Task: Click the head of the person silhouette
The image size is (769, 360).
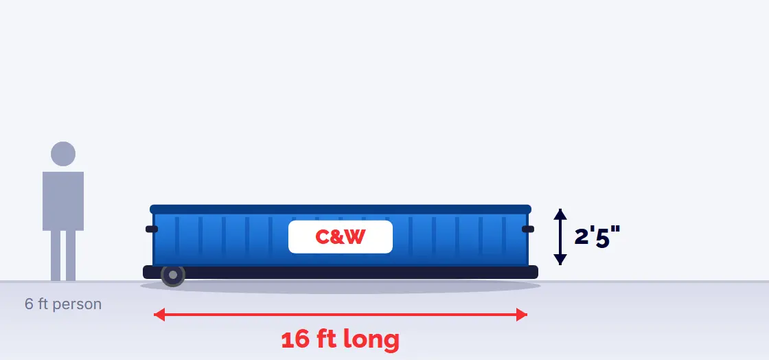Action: click(63, 154)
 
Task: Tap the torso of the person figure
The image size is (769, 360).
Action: click(63, 201)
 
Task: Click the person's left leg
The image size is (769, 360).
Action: click(56, 256)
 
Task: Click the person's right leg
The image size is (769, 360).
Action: click(71, 256)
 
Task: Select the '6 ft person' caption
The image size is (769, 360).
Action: click(63, 304)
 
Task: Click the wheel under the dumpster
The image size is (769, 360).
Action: click(172, 275)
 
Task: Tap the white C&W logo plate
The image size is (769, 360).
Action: click(341, 237)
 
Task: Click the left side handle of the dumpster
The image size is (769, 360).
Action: click(152, 229)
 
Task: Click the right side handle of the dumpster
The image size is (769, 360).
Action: click(528, 229)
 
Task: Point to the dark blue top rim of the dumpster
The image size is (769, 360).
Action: click(341, 210)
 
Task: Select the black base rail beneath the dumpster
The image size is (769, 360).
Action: click(341, 272)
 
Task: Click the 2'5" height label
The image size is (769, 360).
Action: click(597, 237)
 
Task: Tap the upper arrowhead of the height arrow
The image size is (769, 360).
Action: click(560, 214)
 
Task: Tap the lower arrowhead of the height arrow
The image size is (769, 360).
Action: click(560, 260)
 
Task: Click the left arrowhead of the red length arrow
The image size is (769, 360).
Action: click(159, 315)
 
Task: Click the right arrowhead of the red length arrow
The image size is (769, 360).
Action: click(522, 315)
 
